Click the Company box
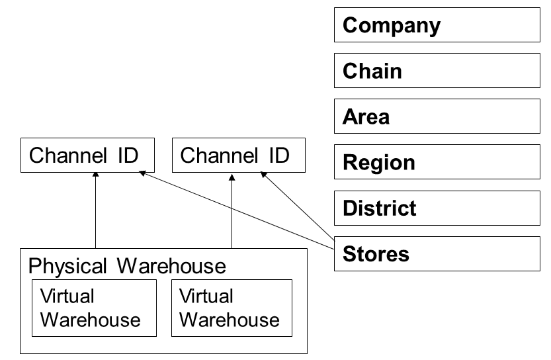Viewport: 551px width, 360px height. click(437, 25)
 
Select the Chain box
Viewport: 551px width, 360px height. click(437, 71)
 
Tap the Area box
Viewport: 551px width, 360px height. click(437, 116)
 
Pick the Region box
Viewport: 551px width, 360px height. click(437, 162)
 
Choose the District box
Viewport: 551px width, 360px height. click(437, 208)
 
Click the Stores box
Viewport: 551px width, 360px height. click(437, 253)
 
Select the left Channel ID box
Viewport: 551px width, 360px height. click(87, 156)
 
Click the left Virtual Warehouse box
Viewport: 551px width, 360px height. click(94, 308)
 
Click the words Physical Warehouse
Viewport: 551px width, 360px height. click(127, 266)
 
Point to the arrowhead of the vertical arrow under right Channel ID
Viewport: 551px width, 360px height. click(232, 175)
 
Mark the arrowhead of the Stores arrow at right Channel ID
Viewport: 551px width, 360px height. click(263, 175)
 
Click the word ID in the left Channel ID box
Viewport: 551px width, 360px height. click(126, 156)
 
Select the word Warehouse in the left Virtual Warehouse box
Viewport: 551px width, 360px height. click(91, 320)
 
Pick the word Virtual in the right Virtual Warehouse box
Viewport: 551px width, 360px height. click(206, 296)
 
